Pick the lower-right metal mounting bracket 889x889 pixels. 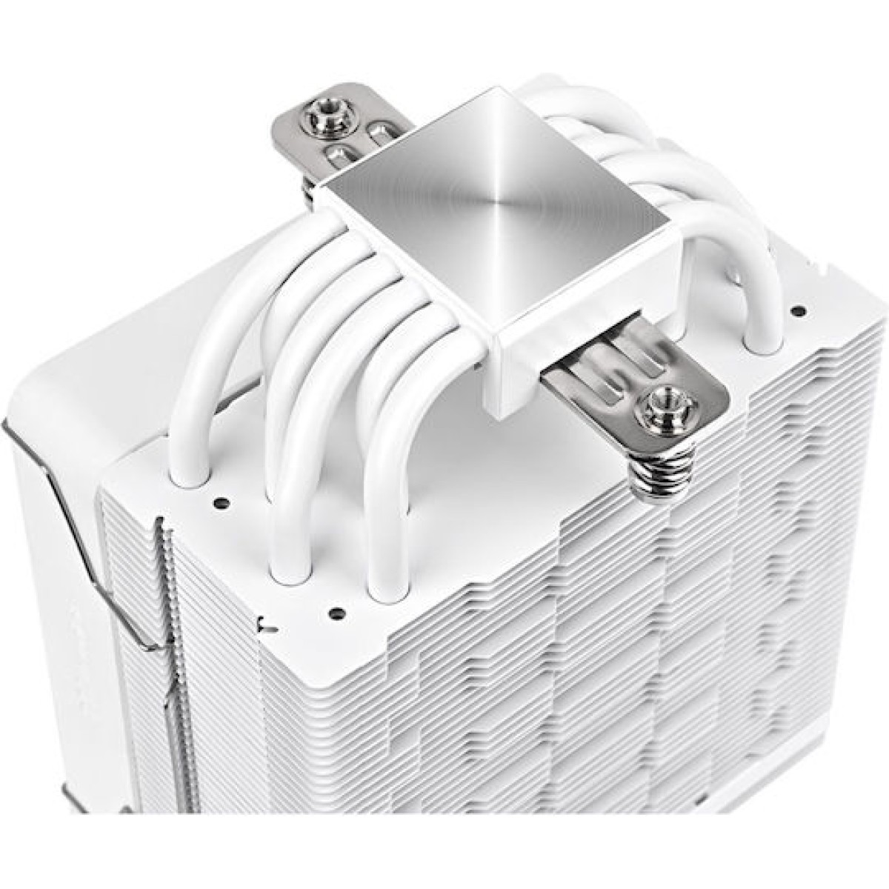pyautogui.click(x=622, y=385)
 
